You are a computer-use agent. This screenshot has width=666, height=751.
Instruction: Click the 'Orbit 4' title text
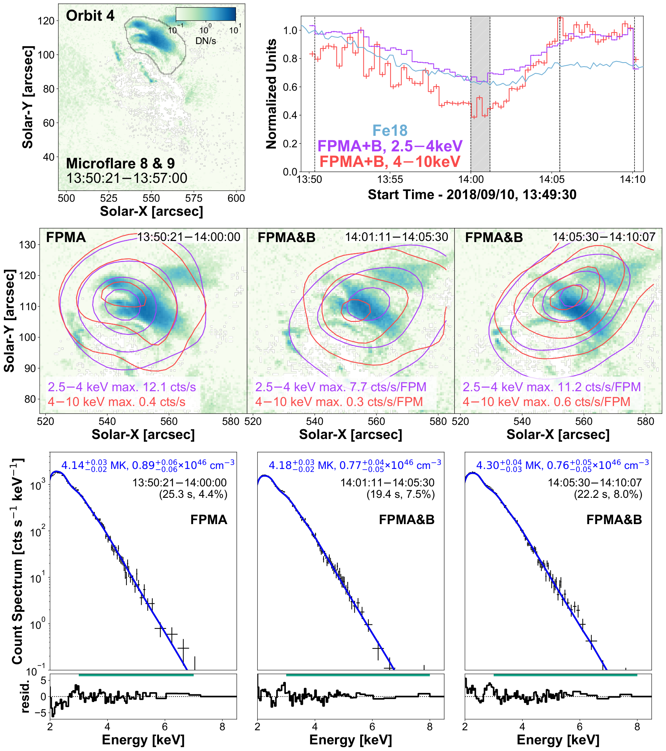pos(90,16)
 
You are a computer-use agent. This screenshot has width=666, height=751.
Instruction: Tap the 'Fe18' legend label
pos(390,131)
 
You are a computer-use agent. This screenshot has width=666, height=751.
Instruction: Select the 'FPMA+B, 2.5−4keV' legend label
pos(390,146)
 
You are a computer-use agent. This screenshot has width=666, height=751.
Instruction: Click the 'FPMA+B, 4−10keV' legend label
pos(390,162)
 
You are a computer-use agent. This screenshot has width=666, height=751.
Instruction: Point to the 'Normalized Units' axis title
pos(271,94)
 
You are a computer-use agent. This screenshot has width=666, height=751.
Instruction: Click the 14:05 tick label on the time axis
pos(552,180)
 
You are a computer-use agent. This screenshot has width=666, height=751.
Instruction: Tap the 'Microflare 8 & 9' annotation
pos(121,164)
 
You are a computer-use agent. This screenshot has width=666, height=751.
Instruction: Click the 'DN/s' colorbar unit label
pos(206,41)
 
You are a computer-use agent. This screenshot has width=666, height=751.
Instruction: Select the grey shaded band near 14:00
pos(480,94)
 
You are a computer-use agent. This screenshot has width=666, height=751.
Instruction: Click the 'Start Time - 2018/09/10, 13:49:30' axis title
pos(472,195)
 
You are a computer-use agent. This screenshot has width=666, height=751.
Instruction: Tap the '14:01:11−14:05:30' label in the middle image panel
pos(396,237)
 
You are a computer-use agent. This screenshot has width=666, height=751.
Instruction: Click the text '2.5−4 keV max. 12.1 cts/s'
pos(122,387)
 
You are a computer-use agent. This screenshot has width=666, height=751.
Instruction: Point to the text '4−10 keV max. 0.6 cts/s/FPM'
pos(547,402)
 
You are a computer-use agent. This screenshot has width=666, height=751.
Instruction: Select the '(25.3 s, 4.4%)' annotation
pos(193,494)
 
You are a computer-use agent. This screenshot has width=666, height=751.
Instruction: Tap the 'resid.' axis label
pos(25,696)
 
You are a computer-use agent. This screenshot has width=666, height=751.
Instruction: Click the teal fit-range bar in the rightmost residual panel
pos(565,675)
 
